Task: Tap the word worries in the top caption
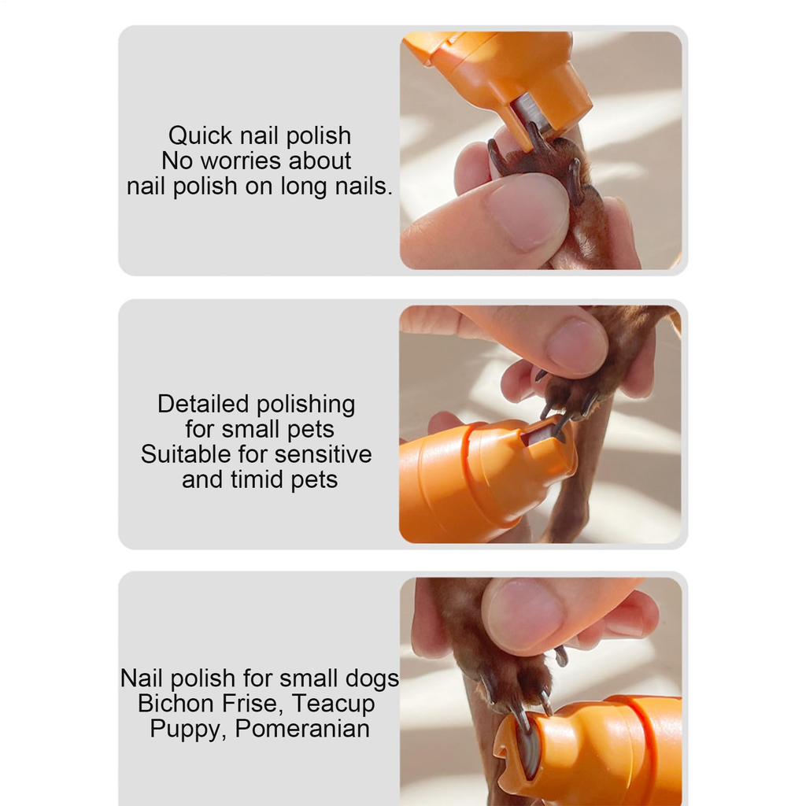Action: [x=241, y=161]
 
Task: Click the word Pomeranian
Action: [x=302, y=729]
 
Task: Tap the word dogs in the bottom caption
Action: [x=372, y=679]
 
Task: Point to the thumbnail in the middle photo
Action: [x=576, y=346]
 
